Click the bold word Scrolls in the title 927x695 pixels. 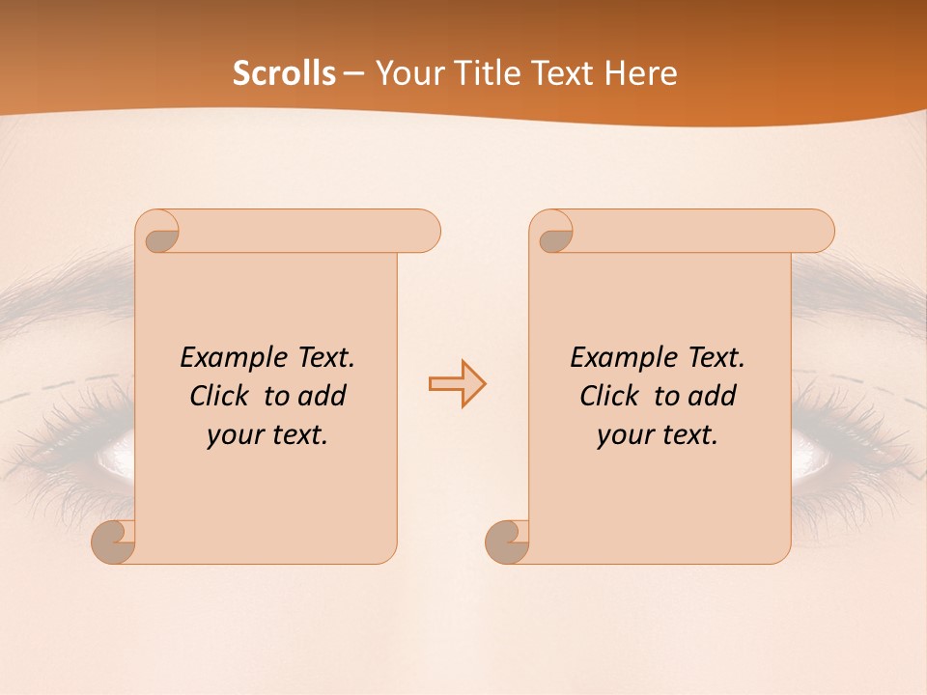284,73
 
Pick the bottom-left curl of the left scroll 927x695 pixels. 114,542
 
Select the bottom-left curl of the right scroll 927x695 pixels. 508,542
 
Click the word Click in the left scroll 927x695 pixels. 218,396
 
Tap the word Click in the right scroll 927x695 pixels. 608,396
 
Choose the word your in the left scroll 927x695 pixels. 235,435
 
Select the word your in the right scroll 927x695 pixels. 625,435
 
